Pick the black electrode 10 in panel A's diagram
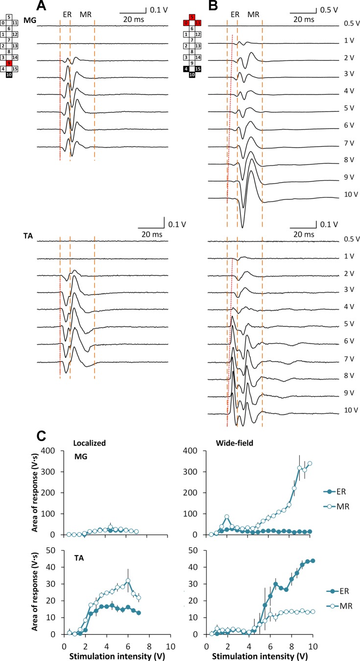[9, 75]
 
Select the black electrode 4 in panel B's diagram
[186, 69]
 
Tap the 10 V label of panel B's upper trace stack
[351, 195]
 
